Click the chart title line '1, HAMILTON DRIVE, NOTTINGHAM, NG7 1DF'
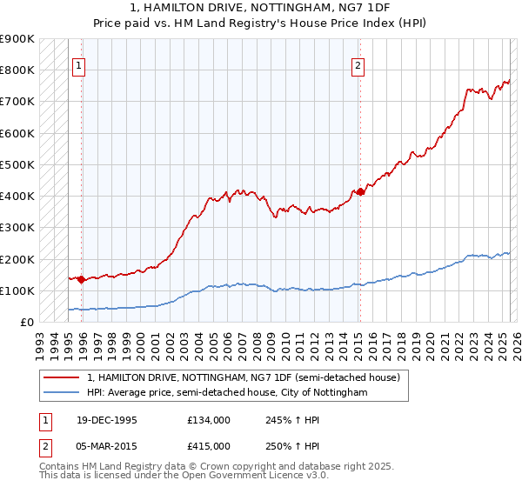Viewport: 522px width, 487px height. (x=261, y=8)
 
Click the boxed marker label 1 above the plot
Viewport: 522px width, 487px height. (x=79, y=63)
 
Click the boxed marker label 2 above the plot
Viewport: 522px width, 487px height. (x=358, y=63)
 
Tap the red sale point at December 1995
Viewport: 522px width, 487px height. (x=82, y=279)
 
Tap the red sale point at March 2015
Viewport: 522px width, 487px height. (x=359, y=191)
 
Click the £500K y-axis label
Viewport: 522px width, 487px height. (x=17, y=164)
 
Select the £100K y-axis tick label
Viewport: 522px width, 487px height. (x=17, y=290)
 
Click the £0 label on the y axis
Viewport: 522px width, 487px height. (x=27, y=322)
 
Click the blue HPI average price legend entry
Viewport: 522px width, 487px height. (x=227, y=393)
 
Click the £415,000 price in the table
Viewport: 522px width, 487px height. (x=209, y=445)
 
